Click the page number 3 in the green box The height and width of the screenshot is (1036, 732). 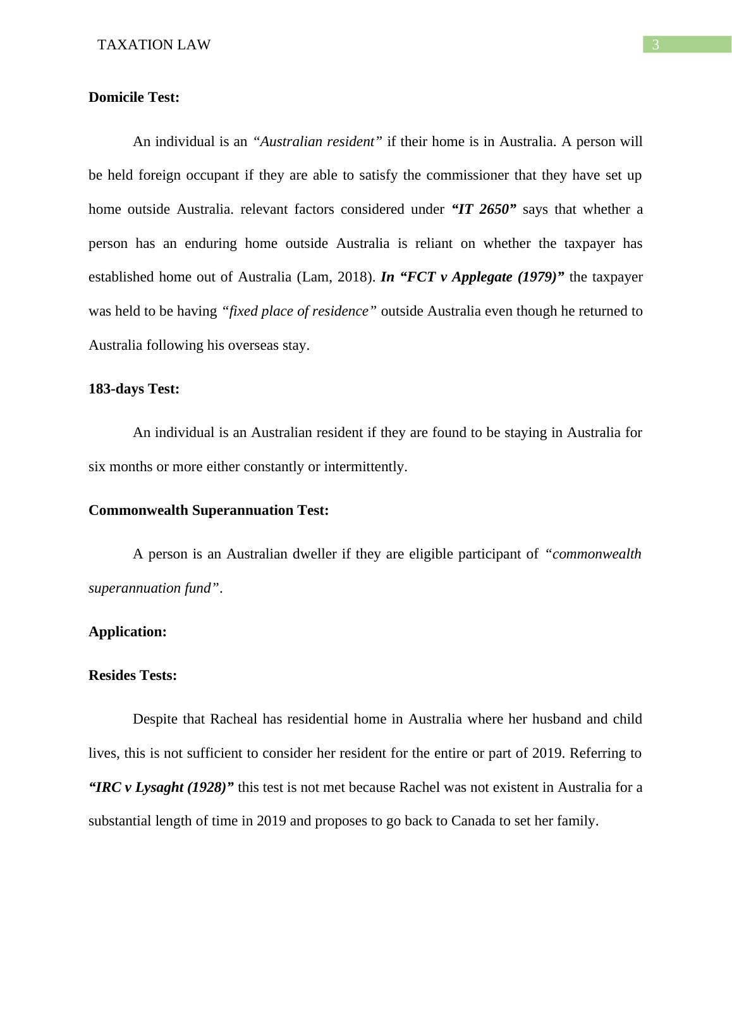(656, 44)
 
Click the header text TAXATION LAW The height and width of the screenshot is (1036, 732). (154, 45)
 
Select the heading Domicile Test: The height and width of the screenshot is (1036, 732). (134, 97)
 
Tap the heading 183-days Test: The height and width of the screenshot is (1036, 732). (134, 389)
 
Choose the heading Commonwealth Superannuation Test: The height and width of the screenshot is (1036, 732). (209, 510)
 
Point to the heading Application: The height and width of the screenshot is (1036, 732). (128, 632)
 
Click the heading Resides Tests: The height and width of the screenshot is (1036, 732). (133, 675)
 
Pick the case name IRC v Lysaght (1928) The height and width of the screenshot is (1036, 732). (162, 787)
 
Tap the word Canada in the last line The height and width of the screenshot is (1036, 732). (472, 822)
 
